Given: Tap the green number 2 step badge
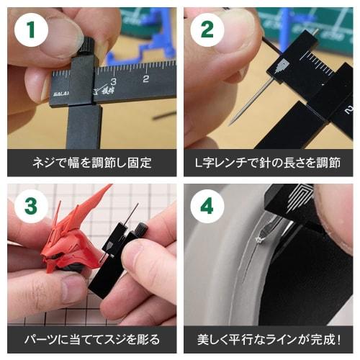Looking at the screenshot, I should (207, 30).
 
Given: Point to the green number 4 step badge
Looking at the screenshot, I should (207, 206).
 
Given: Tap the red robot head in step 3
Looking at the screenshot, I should (68, 241).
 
